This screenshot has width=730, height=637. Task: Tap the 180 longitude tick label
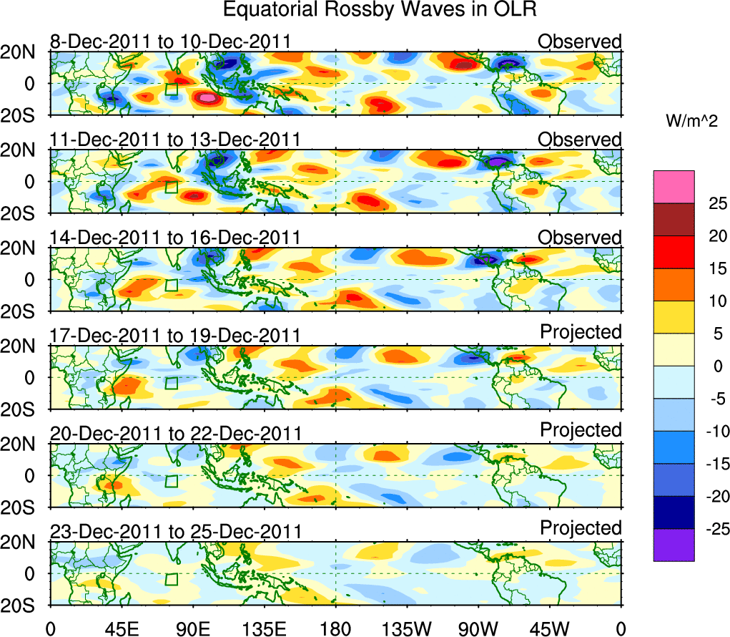335,628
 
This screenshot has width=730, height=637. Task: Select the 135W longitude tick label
407,628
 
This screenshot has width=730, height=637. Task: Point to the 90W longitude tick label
478,628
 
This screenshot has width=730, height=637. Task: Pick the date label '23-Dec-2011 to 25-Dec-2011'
175,532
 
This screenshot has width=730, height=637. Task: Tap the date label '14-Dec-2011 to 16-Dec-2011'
175,238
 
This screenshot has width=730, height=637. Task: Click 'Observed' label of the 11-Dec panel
580,140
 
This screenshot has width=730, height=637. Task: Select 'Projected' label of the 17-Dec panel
581,332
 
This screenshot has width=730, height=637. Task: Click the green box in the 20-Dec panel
172,480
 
